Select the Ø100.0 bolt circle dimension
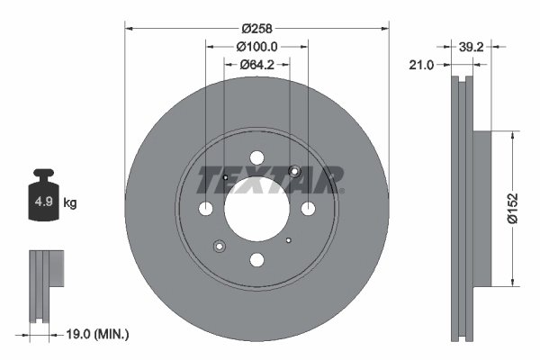click(x=256, y=45)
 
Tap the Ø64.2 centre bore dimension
click(x=256, y=64)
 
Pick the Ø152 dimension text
click(x=512, y=208)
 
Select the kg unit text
click(x=70, y=203)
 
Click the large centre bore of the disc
click(x=256, y=209)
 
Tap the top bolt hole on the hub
click(x=256, y=157)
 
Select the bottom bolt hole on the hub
click(x=256, y=260)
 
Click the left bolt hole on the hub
click(x=205, y=209)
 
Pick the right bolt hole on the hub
click(x=308, y=209)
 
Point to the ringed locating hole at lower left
click(x=219, y=245)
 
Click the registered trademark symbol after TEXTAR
click(x=343, y=192)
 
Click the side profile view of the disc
click(x=465, y=208)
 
